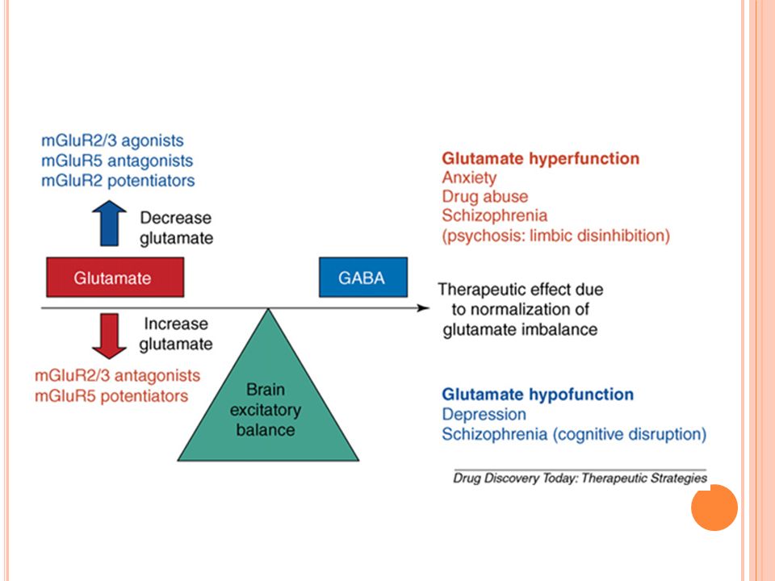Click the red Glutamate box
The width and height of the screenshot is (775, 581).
(115, 277)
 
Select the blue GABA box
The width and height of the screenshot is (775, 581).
(363, 277)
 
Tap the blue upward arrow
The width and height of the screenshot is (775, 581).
(109, 224)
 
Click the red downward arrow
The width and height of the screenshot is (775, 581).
(109, 336)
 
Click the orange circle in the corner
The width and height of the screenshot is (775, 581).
(714, 508)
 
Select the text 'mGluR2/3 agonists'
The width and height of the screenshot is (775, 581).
(112, 140)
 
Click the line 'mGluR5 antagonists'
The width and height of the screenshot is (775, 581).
(117, 161)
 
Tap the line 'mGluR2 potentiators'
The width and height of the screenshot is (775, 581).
(118, 181)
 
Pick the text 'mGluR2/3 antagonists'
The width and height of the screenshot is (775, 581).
(118, 376)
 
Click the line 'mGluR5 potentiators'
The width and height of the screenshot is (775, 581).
(111, 396)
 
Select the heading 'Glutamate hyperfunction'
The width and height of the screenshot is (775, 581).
(541, 159)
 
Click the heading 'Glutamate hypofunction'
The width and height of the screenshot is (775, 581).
(538, 395)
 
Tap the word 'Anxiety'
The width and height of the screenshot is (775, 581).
(470, 178)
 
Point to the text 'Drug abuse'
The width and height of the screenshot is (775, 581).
(485, 197)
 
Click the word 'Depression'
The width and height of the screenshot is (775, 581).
(484, 415)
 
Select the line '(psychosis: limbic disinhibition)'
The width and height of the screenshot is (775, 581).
(556, 236)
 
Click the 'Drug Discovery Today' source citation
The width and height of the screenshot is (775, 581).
(580, 479)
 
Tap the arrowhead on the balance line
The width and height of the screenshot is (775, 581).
(423, 308)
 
